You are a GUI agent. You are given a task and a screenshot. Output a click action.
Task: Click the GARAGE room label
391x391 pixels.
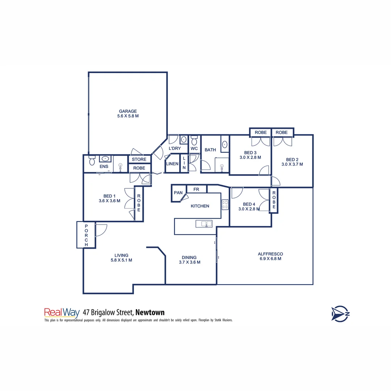[x=128, y=111]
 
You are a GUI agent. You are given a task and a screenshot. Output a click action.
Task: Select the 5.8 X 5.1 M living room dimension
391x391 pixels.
[x=121, y=260]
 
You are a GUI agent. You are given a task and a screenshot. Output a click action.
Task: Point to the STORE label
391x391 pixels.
[x=139, y=159]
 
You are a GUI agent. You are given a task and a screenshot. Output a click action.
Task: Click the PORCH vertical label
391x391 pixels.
[x=86, y=235]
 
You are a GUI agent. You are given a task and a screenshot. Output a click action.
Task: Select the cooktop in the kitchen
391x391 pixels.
[x=225, y=205]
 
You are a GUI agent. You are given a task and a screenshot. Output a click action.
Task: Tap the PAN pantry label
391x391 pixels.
[x=178, y=193]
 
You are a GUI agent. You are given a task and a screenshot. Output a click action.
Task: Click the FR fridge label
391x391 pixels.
[x=196, y=189]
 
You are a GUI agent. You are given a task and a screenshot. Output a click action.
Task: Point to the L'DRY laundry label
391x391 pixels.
[x=175, y=148]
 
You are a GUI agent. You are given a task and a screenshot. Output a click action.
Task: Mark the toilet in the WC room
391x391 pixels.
[x=194, y=140]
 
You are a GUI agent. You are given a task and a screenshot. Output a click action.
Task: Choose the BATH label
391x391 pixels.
[x=210, y=150]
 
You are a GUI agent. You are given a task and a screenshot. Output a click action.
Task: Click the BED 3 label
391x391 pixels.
[x=250, y=152]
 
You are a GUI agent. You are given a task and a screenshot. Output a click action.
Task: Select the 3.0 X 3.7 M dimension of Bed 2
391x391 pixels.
[x=292, y=164]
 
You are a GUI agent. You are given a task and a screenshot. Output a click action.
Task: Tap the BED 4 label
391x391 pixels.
[x=249, y=204]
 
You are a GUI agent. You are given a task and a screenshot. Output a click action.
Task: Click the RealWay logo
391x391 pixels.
[x=62, y=312]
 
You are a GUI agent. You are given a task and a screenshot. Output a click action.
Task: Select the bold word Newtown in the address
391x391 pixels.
[x=150, y=312]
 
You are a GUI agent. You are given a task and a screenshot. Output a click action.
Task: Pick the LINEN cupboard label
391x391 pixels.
[x=172, y=164]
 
